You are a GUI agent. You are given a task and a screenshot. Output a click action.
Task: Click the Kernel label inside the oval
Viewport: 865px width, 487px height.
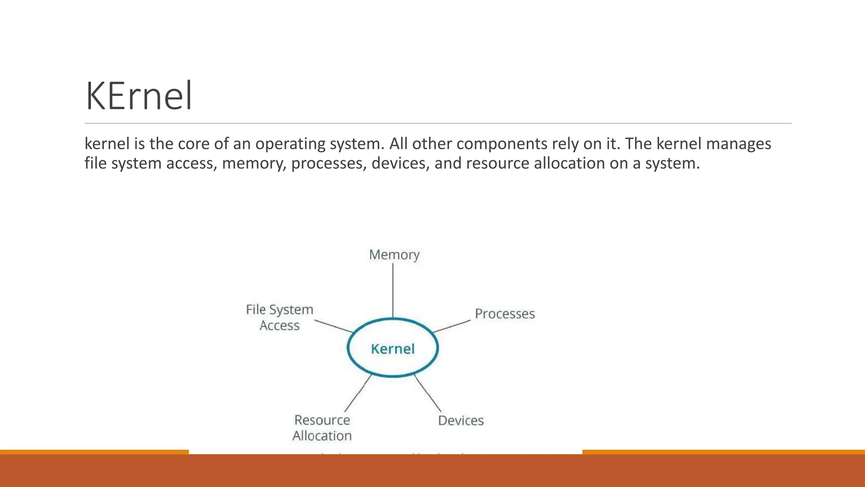point(393,349)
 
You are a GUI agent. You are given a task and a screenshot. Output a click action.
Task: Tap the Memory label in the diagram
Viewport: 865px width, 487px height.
point(394,254)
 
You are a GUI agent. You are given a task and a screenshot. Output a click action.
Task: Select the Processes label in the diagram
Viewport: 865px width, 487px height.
point(505,314)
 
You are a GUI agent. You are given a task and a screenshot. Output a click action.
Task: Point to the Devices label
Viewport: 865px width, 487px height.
point(461,420)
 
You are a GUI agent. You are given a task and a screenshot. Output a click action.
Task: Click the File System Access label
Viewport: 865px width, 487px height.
point(280,317)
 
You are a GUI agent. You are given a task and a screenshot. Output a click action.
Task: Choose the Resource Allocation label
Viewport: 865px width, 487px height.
point(322,427)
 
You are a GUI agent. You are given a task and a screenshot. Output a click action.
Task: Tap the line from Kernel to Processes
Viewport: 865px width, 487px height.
point(452,326)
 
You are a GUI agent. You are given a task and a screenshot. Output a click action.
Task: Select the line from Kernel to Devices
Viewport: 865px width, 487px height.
point(427,393)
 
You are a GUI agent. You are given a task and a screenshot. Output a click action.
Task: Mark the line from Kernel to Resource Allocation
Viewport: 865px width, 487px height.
point(358,393)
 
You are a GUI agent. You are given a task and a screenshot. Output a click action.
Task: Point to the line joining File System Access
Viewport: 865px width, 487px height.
point(334,326)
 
